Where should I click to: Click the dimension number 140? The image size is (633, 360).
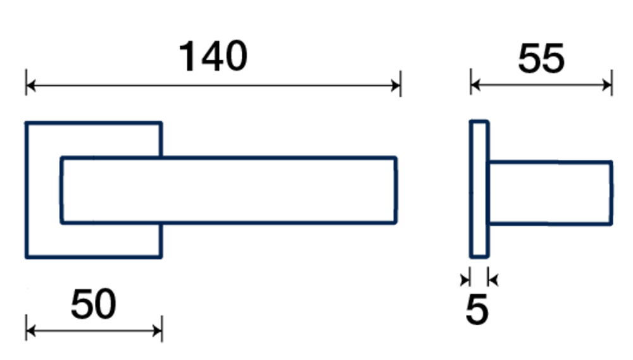213,56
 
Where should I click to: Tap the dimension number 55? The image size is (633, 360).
541,59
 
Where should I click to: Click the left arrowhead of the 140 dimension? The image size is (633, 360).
30,84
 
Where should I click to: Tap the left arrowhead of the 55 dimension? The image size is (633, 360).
475,84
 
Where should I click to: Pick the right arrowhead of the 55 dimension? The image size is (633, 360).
608,84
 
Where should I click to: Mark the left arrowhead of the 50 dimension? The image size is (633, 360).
30,330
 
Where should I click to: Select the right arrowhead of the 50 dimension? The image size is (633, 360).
158,330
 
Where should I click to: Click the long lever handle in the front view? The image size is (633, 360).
253,190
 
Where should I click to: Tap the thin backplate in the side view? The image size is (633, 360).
479,189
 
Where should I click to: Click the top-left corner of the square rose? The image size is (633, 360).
27,123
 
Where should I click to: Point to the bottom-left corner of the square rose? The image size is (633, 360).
27,257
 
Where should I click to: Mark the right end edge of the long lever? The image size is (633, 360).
396,190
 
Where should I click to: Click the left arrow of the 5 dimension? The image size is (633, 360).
467,277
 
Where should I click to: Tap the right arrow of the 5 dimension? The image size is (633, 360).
492,277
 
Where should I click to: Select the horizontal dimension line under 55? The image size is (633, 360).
541,84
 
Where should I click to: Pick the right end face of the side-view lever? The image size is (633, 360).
611,192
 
